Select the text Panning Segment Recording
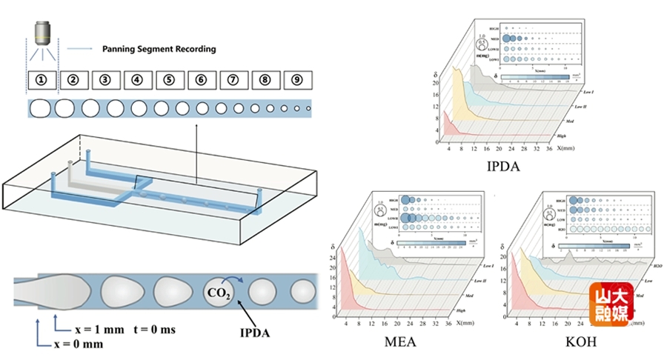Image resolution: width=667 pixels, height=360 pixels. pyautogui.click(x=159, y=49)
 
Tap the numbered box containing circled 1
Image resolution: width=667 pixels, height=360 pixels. pyautogui.click(x=42, y=79)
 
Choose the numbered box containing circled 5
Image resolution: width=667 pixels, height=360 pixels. pyautogui.click(x=169, y=79)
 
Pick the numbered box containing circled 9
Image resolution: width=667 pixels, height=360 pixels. pyautogui.click(x=296, y=79)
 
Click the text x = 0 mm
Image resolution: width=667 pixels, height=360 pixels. pyautogui.click(x=78, y=344)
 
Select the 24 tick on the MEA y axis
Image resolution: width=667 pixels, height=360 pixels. pyautogui.click(x=331, y=259)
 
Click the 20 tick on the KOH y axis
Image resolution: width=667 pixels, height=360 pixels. pyautogui.click(x=504, y=257)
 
